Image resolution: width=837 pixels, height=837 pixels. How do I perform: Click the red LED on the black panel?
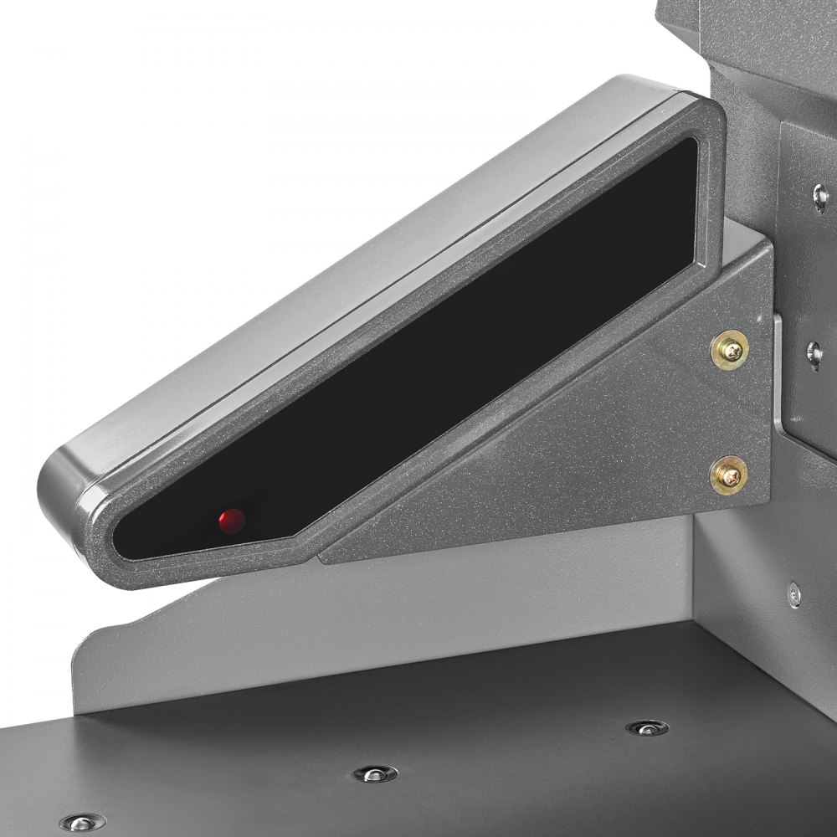232,521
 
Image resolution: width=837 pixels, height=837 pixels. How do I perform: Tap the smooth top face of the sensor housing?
335,251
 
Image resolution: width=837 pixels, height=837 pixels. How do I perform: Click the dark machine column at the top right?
753,50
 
